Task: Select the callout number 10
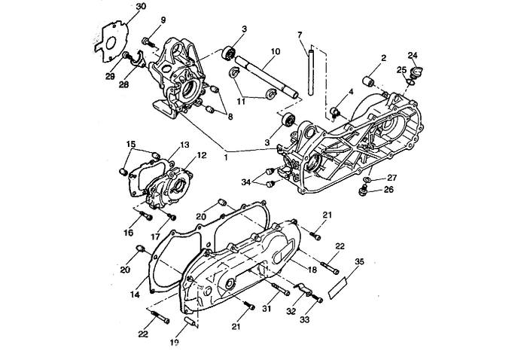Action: click(276, 51)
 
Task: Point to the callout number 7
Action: click(299, 35)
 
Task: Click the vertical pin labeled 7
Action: click(307, 72)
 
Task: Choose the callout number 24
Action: click(412, 55)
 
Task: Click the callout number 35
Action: click(359, 261)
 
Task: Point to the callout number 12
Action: click(201, 156)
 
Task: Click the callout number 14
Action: click(134, 293)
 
